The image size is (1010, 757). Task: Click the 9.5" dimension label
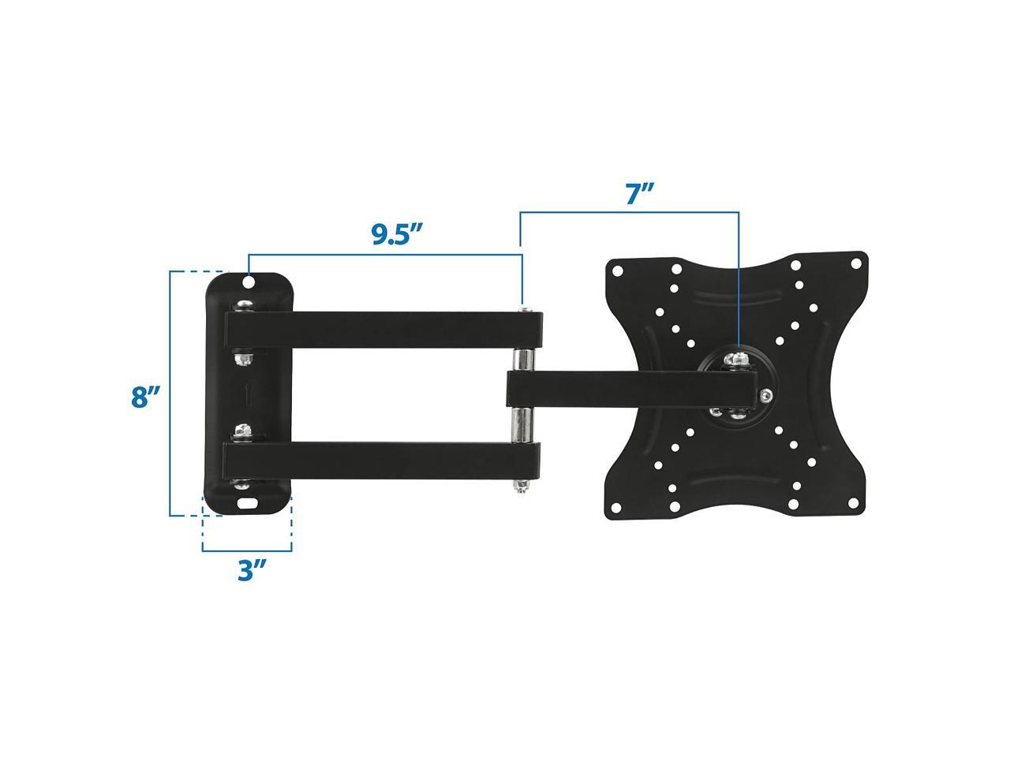pos(397,234)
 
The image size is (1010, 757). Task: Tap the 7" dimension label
pos(640,193)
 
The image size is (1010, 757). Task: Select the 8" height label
pos(145,397)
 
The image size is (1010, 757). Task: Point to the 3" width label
pos(252,570)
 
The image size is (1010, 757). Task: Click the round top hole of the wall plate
pos(249,282)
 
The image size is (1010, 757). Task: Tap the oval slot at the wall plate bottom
pos(248,503)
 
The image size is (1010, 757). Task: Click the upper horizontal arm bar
pos(383,329)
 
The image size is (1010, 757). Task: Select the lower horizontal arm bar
pos(381,460)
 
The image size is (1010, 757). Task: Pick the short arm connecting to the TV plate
pos(631,389)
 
